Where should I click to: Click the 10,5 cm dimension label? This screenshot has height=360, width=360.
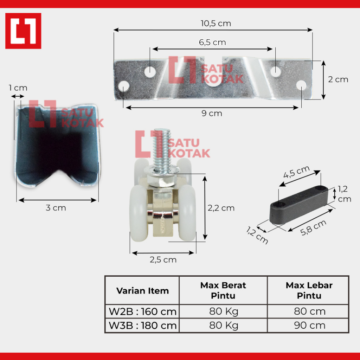tap(216, 24)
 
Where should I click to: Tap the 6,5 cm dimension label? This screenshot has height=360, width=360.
tap(212, 43)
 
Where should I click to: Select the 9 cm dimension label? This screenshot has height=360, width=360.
tap(212, 113)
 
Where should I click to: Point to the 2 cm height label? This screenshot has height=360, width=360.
tap(338, 79)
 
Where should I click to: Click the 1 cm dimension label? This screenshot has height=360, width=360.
tap(18, 88)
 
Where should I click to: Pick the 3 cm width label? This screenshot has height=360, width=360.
tap(56, 208)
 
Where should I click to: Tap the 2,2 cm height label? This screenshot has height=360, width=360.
tap(221, 208)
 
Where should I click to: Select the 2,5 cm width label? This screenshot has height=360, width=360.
tap(163, 260)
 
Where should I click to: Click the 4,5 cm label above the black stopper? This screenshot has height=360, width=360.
tap(296, 172)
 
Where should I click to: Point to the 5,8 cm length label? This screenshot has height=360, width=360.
tap(313, 227)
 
